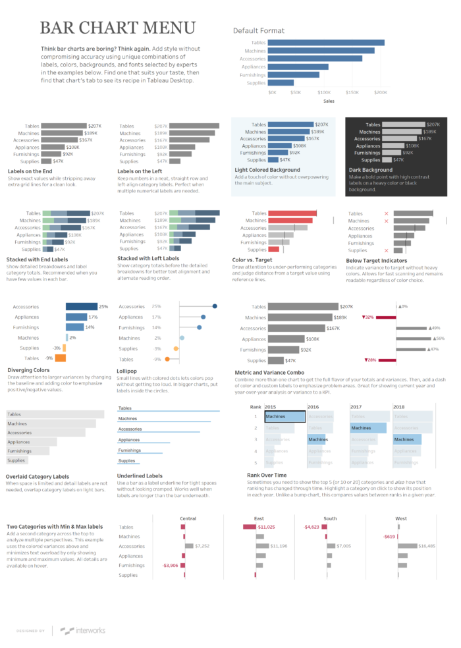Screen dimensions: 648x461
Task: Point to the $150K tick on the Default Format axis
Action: point(352,93)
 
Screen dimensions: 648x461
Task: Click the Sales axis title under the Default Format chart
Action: point(329,101)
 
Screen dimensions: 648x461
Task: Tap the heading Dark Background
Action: point(371,170)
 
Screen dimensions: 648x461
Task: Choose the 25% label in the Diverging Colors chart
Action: point(103,306)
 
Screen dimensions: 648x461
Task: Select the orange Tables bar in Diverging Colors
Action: point(60,358)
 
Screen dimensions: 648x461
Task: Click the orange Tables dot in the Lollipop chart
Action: point(167,359)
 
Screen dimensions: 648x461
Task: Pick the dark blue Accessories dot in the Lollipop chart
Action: point(215,306)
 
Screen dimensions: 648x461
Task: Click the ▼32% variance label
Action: point(367,317)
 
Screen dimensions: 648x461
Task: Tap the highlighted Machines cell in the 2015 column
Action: point(285,416)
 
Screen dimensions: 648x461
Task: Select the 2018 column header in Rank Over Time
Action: point(399,407)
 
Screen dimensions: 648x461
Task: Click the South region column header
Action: point(330,518)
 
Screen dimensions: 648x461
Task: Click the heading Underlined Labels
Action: point(140,475)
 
